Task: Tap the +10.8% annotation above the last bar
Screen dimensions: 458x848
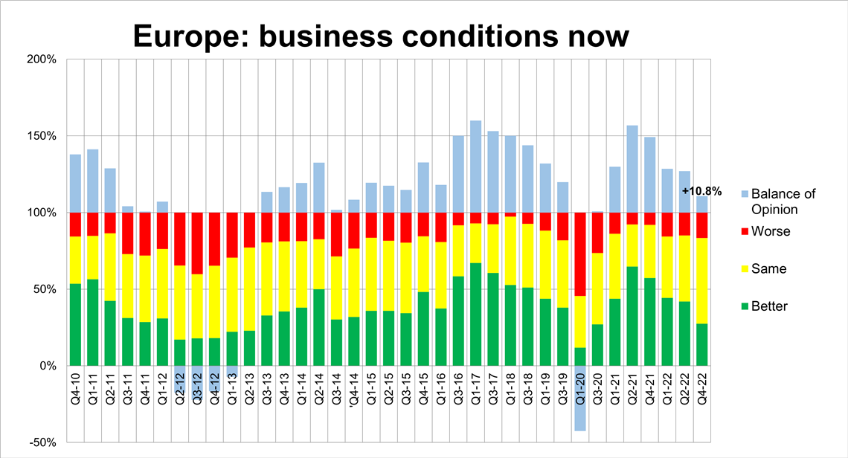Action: coord(701,191)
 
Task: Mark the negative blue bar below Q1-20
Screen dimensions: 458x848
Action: coord(580,401)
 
